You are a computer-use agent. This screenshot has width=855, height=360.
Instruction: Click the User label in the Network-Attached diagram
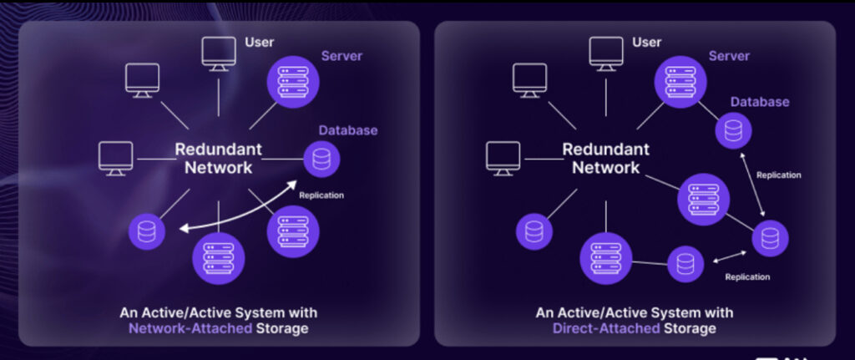tap(259, 42)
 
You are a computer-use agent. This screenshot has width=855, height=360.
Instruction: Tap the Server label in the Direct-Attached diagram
tap(730, 55)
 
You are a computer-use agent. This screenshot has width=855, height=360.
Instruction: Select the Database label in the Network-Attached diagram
tap(347, 130)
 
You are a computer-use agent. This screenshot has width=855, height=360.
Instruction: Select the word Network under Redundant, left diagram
tap(213, 167)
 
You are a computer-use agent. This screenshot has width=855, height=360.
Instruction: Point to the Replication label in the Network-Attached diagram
tap(321, 195)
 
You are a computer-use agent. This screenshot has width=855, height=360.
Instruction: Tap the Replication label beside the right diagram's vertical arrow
tap(778, 175)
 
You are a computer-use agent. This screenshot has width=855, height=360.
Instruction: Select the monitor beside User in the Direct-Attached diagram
tap(606, 52)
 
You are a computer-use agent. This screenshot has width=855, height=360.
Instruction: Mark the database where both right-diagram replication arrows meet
tap(769, 237)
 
